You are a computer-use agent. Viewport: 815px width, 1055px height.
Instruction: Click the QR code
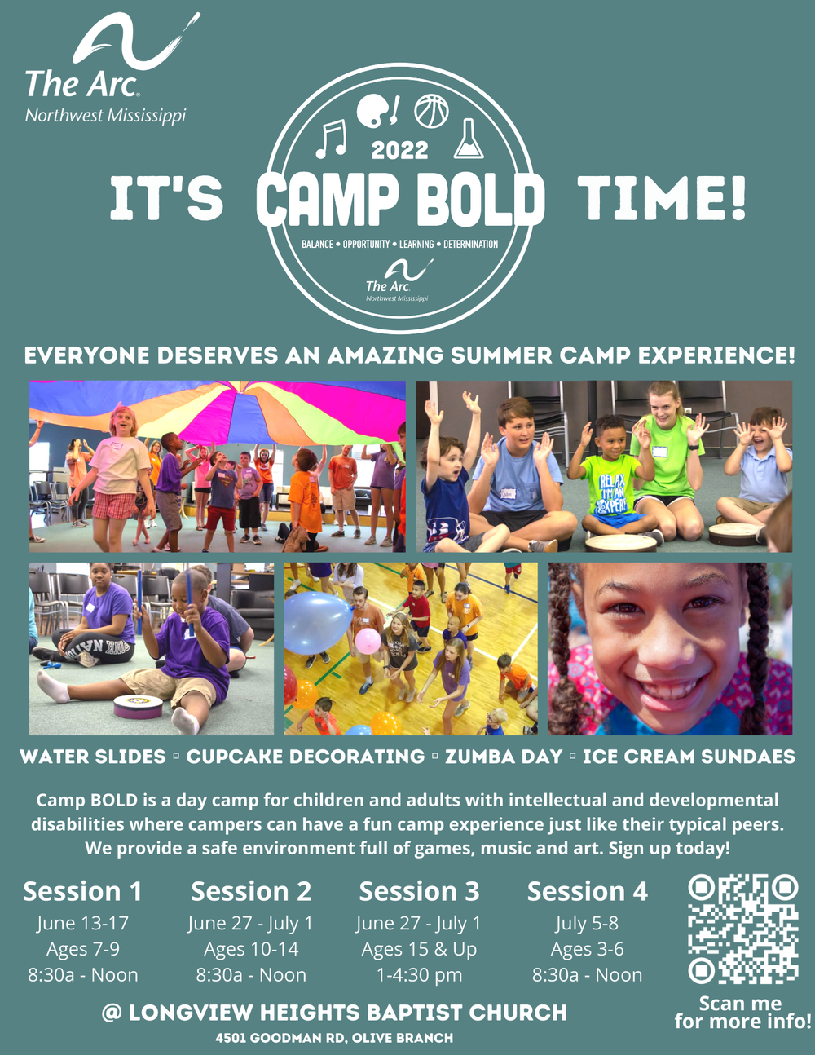coord(742,929)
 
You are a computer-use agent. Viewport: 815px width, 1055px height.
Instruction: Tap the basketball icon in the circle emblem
coord(431,111)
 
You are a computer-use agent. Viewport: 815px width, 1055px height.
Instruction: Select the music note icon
coord(332,139)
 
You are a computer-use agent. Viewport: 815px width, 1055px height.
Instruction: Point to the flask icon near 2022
coord(468,139)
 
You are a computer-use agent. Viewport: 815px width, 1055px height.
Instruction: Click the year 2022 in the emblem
coord(399,151)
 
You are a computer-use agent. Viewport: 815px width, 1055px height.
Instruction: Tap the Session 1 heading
coord(82,891)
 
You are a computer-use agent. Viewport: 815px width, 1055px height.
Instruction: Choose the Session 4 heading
coord(587,891)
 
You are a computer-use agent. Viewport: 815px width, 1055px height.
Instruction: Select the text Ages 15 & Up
coord(419,949)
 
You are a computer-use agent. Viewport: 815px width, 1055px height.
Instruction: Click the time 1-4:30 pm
coord(419,975)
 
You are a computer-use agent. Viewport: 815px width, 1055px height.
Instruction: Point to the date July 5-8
coord(587,924)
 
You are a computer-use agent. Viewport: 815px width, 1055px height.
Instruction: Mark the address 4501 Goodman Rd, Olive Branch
coord(334,1039)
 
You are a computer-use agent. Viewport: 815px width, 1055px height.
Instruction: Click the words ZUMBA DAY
coord(504,757)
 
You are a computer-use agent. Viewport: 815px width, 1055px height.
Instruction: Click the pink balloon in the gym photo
coord(368,642)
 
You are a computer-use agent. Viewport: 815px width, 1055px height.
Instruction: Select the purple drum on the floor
coord(139,706)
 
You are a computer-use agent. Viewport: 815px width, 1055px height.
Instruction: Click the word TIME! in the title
coord(663,198)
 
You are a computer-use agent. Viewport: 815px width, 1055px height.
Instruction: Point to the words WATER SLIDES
coord(93,757)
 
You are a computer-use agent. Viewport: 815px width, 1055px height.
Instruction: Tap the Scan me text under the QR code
coord(740,1003)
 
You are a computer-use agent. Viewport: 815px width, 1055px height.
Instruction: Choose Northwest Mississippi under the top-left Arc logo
coord(106,116)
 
